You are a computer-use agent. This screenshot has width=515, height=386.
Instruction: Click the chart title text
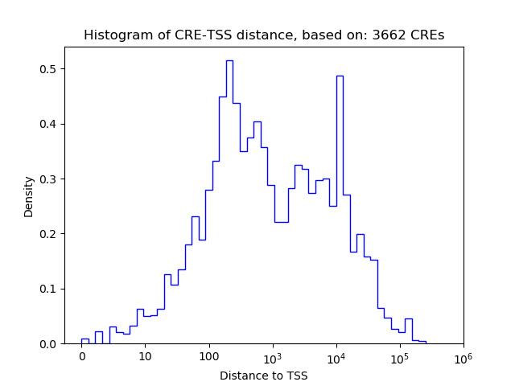click(264, 35)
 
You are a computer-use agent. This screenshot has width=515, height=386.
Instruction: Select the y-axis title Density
click(29, 196)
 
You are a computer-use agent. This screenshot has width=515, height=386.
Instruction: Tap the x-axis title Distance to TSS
click(264, 375)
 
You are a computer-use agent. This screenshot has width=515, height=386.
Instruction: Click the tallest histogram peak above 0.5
click(229, 61)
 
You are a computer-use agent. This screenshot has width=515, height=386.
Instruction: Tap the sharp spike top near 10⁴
click(340, 76)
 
